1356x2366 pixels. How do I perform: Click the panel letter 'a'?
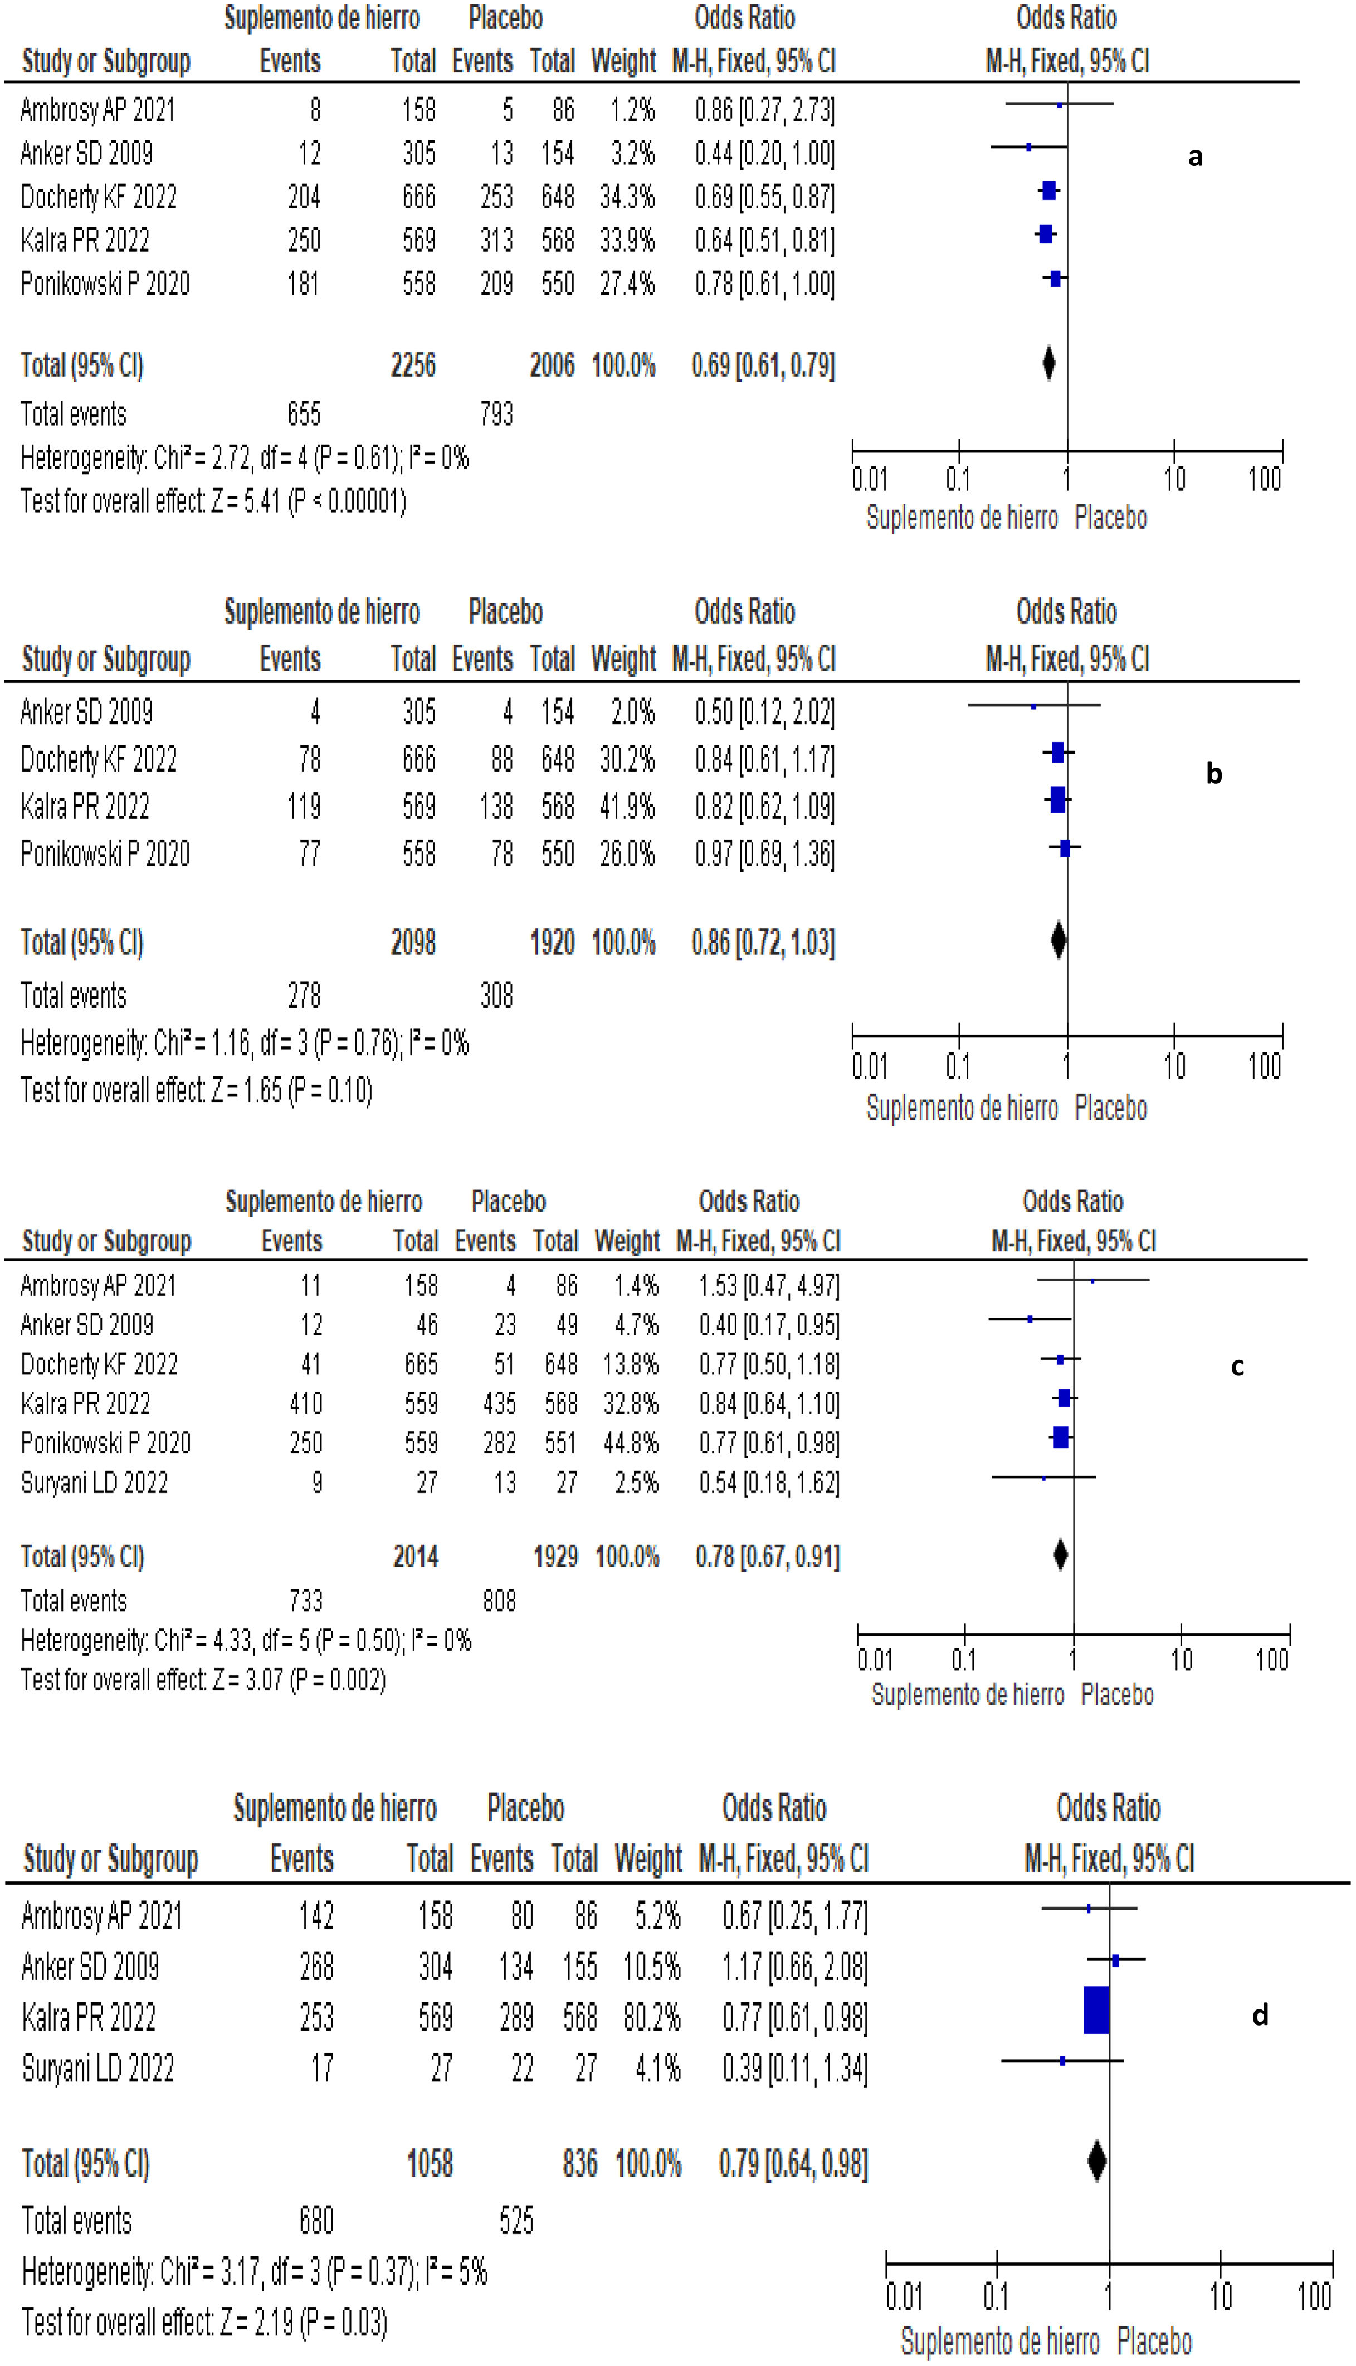(1195, 157)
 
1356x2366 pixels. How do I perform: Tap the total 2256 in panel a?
(413, 365)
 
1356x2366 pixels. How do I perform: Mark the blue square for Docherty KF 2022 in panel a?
(1048, 192)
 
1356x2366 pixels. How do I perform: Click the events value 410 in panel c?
(305, 1404)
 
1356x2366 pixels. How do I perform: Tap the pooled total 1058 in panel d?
(430, 2163)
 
